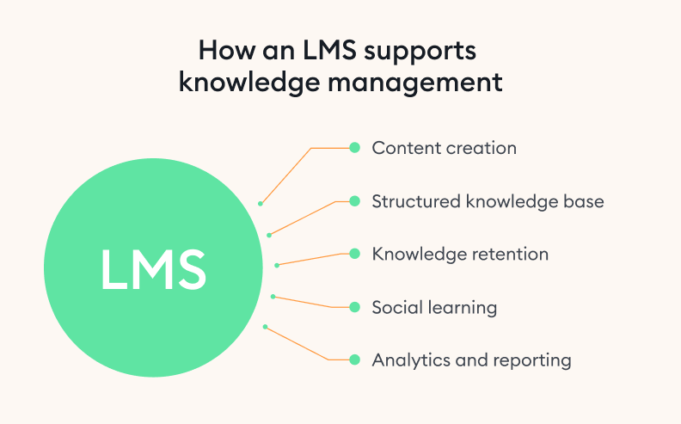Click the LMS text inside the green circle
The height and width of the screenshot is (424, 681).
point(153,269)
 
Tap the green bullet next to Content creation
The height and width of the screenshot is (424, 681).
point(353,148)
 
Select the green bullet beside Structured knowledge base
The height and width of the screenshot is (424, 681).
point(353,201)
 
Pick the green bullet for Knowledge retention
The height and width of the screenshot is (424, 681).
point(353,254)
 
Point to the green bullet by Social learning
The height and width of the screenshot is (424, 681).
point(353,307)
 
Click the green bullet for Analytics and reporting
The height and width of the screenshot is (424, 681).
point(353,359)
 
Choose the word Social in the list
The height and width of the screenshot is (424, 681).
point(396,307)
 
